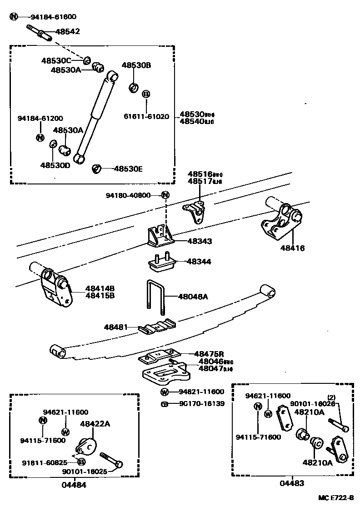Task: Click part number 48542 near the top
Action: point(67,32)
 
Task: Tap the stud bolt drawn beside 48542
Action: point(41,33)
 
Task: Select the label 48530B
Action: point(136,65)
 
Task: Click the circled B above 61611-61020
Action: point(146,94)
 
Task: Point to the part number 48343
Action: point(199,241)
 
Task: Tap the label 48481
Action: point(115,327)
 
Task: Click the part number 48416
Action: point(292,248)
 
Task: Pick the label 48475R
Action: point(209,354)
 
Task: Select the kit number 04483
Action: point(292,483)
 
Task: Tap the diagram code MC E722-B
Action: point(335,498)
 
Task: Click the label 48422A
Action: point(95,423)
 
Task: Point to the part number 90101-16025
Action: point(85,471)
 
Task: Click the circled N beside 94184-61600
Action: point(14,17)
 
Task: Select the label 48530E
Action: point(128,169)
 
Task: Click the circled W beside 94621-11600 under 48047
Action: point(165,392)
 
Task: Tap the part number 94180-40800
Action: point(128,195)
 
